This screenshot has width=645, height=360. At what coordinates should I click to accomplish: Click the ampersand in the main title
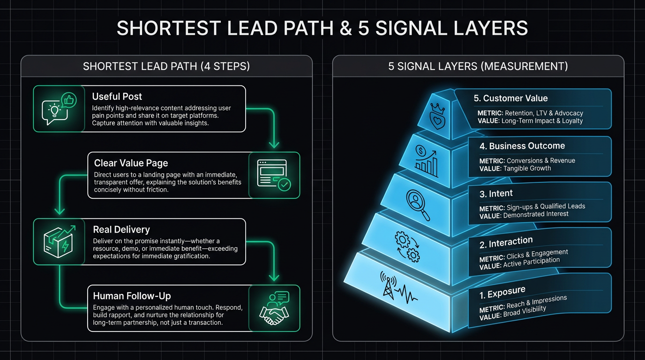click(x=345, y=28)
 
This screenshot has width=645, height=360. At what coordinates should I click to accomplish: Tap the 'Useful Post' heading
click(x=117, y=97)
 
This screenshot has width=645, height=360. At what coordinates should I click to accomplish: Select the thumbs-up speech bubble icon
click(x=69, y=100)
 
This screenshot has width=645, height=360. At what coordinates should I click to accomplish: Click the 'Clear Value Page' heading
click(x=131, y=163)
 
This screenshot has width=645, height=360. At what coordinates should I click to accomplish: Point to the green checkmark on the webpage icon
click(x=285, y=185)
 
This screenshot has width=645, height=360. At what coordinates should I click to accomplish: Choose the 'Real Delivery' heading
click(x=121, y=230)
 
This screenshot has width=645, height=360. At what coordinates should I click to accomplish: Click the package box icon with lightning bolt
click(x=59, y=241)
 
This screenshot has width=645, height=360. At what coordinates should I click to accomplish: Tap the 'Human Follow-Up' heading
click(x=132, y=296)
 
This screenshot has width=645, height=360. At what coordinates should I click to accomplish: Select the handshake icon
click(x=274, y=314)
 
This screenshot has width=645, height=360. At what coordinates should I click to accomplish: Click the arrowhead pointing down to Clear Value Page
click(x=274, y=144)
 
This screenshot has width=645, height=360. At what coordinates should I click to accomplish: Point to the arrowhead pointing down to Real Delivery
click(x=60, y=210)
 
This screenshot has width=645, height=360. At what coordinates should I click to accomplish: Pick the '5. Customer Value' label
click(x=511, y=98)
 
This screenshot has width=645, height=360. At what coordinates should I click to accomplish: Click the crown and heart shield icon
click(x=437, y=116)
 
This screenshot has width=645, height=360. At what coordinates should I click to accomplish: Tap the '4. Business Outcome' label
click(x=522, y=146)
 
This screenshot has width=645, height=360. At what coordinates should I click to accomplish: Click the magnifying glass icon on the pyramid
click(x=418, y=205)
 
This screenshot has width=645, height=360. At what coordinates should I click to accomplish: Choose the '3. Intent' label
click(x=496, y=194)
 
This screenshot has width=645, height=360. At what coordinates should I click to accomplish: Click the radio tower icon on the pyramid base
click(x=388, y=285)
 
